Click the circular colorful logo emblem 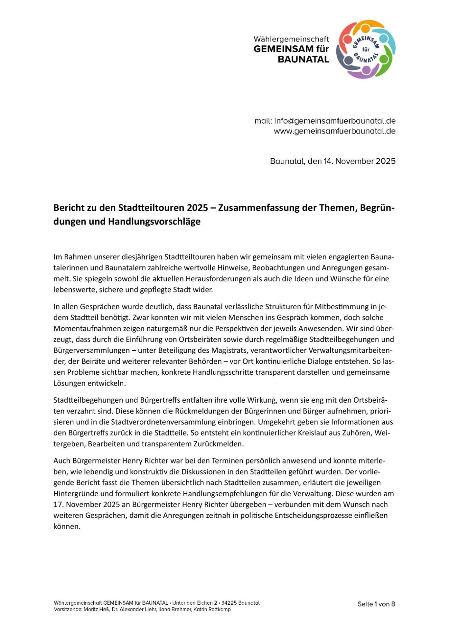coord(366,49)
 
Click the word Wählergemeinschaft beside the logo coord(291,39)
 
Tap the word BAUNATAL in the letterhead coord(303,59)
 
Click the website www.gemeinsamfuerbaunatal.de coord(335,131)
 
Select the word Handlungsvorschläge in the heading coord(154,222)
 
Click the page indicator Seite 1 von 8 coord(376,604)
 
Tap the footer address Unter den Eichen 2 coord(195,603)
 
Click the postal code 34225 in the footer coord(229,603)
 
